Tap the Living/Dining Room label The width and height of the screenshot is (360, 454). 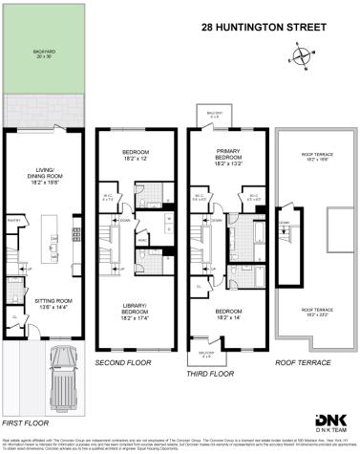[44, 174]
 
